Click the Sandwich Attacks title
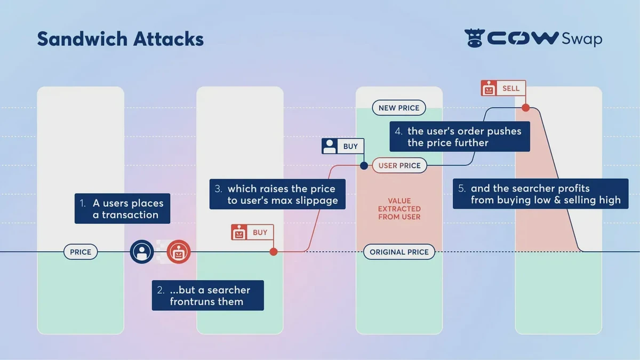120,39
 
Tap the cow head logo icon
474,38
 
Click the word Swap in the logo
581,39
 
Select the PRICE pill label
81,252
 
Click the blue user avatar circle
142,252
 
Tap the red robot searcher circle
179,252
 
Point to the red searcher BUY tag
252,233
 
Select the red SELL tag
503,89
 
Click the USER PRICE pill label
399,165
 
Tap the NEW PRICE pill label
399,108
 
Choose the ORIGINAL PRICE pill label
399,252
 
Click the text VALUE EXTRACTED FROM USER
399,209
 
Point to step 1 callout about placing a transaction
123,209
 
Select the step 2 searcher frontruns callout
208,295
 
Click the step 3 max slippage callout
277,194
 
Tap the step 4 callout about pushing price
460,137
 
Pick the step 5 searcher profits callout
541,194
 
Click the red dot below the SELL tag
525,108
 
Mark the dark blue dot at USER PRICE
364,165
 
